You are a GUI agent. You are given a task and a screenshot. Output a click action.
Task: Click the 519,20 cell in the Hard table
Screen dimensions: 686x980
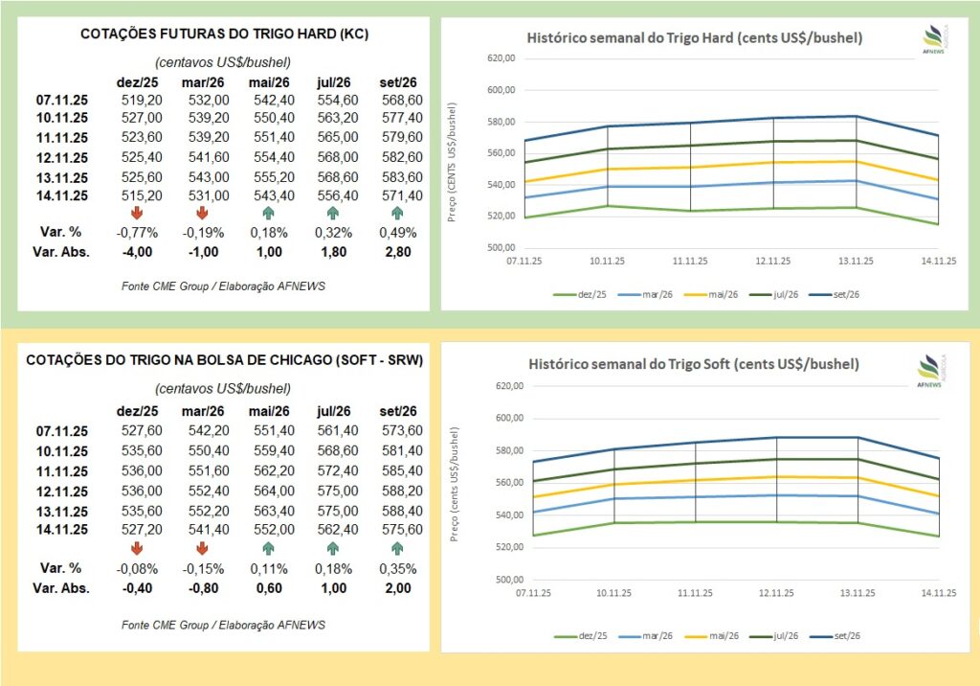tap(141, 99)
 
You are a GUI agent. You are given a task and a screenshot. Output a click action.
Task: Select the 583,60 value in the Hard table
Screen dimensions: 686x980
tap(402, 176)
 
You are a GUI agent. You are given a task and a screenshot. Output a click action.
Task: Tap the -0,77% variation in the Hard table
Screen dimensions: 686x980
tap(141, 233)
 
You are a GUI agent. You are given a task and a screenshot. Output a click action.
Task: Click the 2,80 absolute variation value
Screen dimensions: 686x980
tap(402, 252)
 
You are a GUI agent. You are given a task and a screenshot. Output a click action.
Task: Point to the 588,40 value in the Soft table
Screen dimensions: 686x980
tap(402, 510)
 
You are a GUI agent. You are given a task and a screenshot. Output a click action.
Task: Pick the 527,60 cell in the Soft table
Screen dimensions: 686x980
tap(141, 432)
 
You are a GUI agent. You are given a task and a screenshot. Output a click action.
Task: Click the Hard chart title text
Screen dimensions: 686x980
tap(695, 38)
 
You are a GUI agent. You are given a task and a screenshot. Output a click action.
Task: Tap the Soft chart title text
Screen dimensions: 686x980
tap(694, 365)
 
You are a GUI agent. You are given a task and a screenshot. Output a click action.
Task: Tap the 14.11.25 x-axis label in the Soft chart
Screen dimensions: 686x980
tap(938, 593)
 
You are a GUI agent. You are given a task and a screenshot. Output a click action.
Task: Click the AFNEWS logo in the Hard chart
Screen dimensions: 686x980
tap(932, 38)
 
